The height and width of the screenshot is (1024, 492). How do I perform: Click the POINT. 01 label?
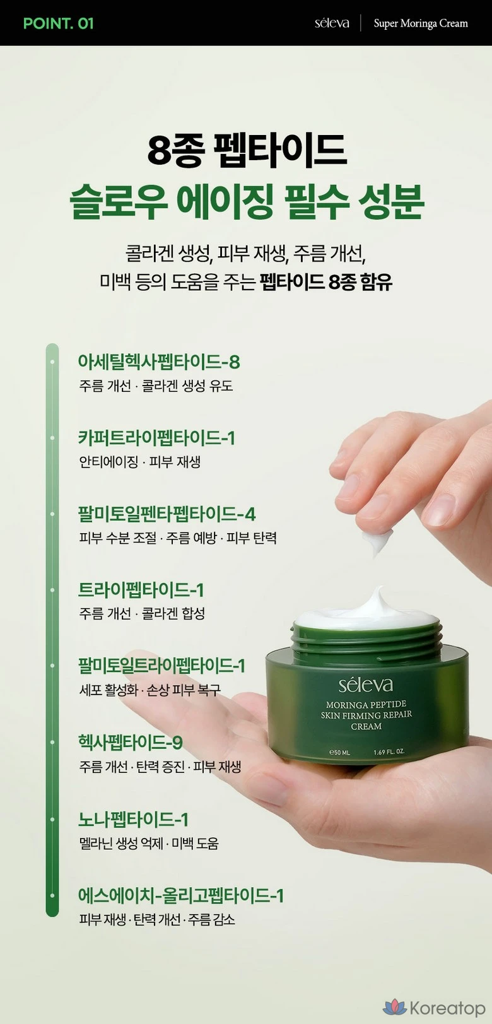click(x=58, y=23)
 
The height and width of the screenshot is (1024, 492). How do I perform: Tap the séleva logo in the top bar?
click(x=332, y=23)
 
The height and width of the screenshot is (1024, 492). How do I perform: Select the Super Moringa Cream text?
click(x=421, y=23)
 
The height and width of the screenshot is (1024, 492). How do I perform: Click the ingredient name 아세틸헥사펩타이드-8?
click(x=159, y=362)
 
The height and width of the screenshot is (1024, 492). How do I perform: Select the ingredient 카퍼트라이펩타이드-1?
click(x=156, y=437)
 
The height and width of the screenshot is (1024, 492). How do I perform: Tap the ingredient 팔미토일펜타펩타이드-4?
click(x=167, y=514)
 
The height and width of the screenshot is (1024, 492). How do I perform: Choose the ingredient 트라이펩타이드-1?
click(x=141, y=590)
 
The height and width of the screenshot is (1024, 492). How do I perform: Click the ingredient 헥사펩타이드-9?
click(x=130, y=742)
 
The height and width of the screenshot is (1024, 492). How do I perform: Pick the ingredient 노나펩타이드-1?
click(x=133, y=819)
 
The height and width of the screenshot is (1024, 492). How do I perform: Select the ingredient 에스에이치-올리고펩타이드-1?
click(x=180, y=895)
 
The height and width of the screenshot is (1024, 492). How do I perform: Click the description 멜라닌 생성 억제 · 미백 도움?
click(x=149, y=843)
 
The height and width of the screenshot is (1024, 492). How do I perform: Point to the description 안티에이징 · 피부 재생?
click(x=140, y=462)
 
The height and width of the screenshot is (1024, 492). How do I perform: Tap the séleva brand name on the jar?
click(x=365, y=685)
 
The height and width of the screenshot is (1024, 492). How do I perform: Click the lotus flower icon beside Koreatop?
click(x=395, y=1007)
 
